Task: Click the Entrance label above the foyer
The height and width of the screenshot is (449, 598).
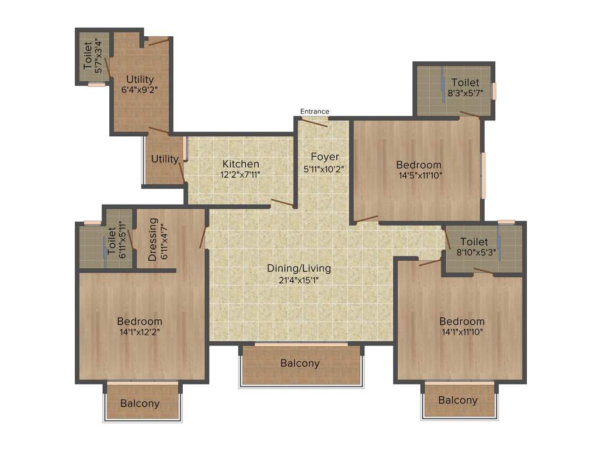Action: pos(315,111)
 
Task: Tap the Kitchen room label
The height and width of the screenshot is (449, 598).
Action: pos(241,164)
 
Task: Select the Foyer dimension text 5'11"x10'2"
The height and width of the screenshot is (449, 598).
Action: pos(325,169)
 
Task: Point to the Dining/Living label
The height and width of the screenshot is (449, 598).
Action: pos(299,268)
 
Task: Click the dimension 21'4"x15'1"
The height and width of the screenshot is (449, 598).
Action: pos(299,279)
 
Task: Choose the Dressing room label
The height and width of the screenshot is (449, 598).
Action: pos(153,240)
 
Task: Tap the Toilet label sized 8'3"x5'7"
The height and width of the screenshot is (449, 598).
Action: pos(465,83)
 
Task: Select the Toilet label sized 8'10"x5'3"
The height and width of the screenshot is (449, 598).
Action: pos(474,241)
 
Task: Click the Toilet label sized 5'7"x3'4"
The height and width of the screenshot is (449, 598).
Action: pos(88,54)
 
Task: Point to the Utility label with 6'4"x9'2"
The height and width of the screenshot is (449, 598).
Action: pos(140,80)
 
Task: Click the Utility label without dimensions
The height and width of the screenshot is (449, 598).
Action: pos(165,159)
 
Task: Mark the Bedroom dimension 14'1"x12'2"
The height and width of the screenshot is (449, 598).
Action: pos(140,332)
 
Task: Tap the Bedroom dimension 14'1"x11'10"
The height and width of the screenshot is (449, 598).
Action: pos(462,332)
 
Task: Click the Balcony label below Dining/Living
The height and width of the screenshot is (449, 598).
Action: pos(300,363)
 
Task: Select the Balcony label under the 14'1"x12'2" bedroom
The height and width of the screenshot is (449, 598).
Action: pos(140,403)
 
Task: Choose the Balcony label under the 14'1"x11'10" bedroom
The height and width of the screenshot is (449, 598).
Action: pos(458,400)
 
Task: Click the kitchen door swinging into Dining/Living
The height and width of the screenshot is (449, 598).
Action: pos(283,203)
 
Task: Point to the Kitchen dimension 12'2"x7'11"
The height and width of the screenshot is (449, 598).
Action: pos(241,174)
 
